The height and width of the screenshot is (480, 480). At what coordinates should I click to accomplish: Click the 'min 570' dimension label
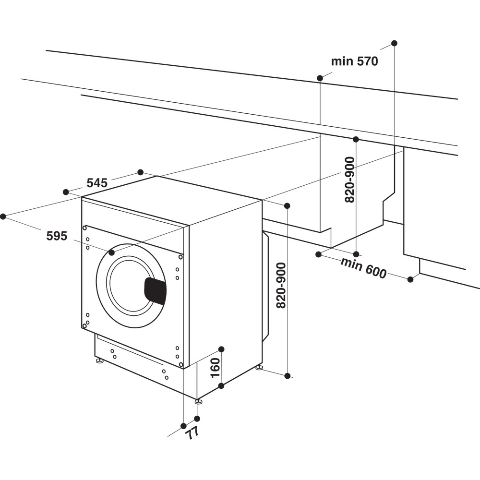click(354, 61)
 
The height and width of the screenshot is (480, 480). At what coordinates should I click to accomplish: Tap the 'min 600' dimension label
click(363, 268)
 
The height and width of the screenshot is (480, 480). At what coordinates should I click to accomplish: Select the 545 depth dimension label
click(96, 182)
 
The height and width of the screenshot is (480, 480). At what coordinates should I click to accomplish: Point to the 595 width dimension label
click(57, 236)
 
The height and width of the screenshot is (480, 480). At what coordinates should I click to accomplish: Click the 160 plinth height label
click(215, 367)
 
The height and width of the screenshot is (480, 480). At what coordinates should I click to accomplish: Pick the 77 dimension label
click(192, 432)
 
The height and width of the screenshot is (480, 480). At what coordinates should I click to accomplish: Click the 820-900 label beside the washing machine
click(281, 285)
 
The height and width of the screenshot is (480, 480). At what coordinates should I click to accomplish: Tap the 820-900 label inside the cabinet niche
click(350, 180)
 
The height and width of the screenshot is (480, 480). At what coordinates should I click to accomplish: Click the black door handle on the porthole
click(155, 291)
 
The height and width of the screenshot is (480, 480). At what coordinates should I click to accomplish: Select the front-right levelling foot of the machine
click(198, 401)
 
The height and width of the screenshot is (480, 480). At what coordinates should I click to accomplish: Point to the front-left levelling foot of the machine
click(100, 360)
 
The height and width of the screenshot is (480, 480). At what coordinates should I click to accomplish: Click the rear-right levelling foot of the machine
click(259, 368)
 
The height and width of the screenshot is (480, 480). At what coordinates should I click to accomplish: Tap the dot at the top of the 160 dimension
click(221, 349)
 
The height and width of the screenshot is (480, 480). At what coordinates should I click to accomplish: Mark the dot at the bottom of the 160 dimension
click(221, 385)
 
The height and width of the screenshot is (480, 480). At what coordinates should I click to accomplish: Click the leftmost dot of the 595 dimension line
click(3, 216)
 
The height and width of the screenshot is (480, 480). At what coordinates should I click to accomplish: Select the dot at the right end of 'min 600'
click(410, 279)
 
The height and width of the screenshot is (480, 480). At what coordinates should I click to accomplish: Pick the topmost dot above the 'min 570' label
click(394, 43)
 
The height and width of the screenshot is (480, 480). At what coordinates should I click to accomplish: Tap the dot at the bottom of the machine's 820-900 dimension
click(287, 376)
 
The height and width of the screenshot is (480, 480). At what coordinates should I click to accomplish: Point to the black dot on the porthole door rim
click(111, 252)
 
